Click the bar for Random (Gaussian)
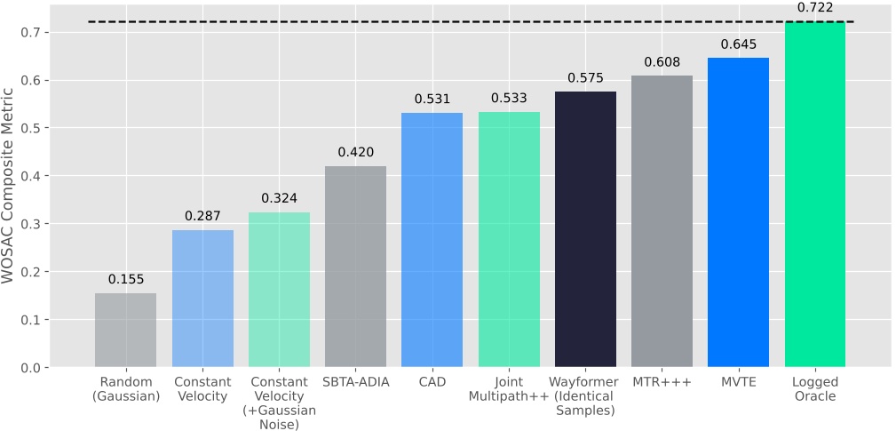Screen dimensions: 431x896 point(126,330)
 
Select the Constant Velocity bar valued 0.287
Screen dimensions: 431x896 point(202,299)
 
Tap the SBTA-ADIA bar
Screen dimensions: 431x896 point(355,267)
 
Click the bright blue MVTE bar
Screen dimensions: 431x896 point(738,212)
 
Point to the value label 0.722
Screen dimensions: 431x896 point(815,7)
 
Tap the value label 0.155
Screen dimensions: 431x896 point(126,279)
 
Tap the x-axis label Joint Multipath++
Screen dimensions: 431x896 point(509,389)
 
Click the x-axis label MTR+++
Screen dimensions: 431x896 point(662,383)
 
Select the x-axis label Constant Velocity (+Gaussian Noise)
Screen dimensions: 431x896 point(279,402)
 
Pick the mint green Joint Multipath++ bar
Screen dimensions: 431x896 point(509,239)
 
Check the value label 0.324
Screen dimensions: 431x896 point(279,197)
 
